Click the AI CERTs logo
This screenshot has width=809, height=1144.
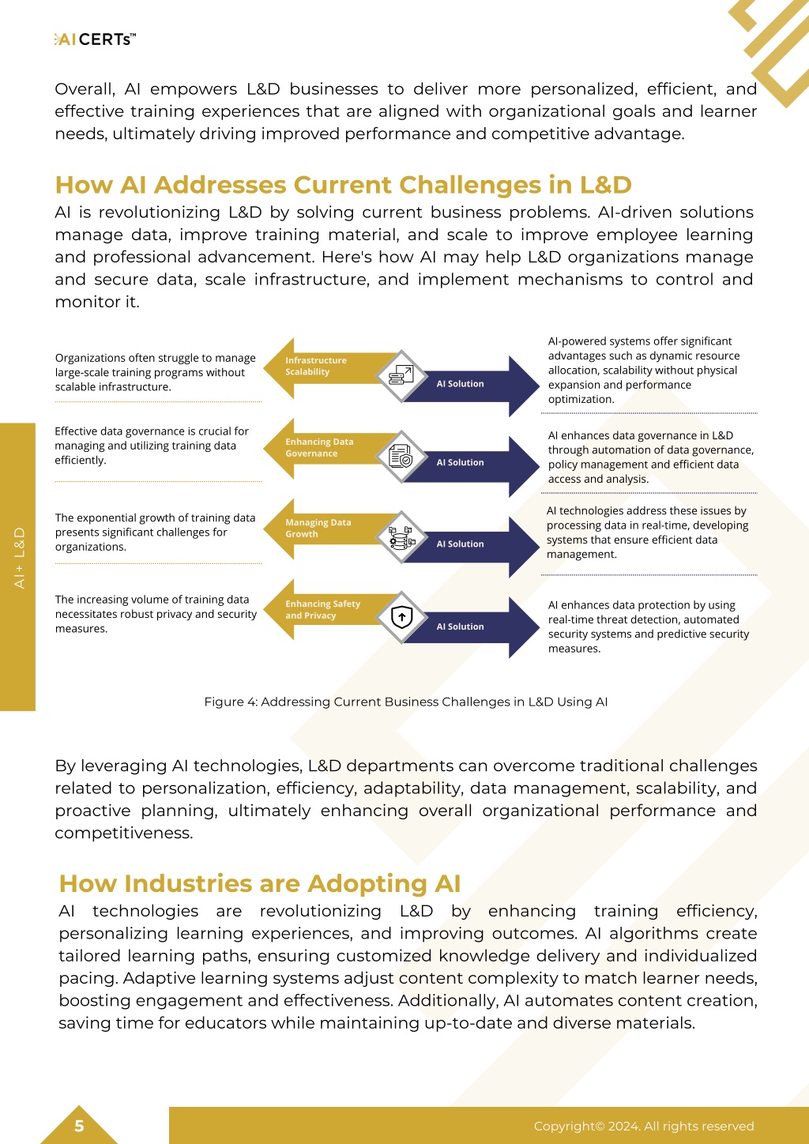(x=95, y=40)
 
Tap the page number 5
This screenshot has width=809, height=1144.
(x=79, y=1126)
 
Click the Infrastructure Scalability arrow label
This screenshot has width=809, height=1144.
(x=316, y=366)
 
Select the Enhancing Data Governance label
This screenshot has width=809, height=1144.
(x=319, y=447)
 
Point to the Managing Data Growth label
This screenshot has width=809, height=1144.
(x=318, y=528)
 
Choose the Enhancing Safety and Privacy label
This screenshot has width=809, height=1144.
(x=322, y=609)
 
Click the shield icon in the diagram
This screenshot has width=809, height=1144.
(x=401, y=617)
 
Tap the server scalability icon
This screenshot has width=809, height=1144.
(x=401, y=375)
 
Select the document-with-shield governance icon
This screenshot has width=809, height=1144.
(x=401, y=456)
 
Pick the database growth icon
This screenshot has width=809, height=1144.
(x=401, y=537)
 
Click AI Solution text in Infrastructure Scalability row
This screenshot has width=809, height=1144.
(x=460, y=383)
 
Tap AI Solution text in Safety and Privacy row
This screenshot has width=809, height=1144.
(x=460, y=627)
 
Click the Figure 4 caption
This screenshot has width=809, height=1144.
(x=405, y=702)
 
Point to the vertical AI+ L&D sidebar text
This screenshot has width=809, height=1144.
(x=19, y=558)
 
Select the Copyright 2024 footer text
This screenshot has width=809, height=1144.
(x=644, y=1126)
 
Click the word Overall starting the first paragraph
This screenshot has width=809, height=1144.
(x=85, y=89)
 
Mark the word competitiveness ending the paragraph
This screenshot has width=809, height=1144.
(x=124, y=833)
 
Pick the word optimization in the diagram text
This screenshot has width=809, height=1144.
(x=581, y=400)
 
